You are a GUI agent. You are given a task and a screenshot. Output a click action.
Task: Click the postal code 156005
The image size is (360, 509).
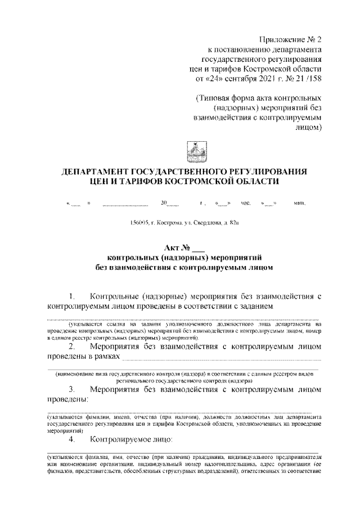click(x=139, y=224)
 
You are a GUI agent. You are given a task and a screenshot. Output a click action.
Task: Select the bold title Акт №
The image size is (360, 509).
click(x=178, y=247)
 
